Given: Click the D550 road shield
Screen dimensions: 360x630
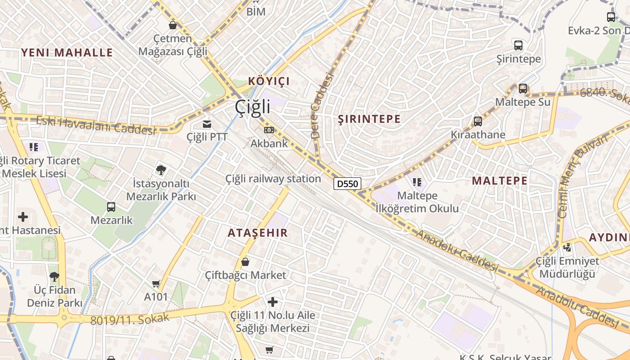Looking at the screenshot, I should pyautogui.click(x=347, y=184).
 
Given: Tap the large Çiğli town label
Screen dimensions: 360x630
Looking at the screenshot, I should pyautogui.click(x=252, y=107).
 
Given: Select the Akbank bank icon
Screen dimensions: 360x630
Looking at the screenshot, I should pyautogui.click(x=269, y=130).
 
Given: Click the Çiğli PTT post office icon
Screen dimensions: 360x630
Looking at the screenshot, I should pyautogui.click(x=207, y=124).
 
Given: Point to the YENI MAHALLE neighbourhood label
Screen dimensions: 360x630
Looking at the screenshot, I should pyautogui.click(x=67, y=53).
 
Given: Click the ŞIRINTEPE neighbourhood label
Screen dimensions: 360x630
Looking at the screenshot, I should pyautogui.click(x=369, y=119).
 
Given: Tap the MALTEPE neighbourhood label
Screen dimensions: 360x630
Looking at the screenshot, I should pyautogui.click(x=499, y=181).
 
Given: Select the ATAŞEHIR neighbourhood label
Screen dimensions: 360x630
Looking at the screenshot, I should pyautogui.click(x=257, y=233).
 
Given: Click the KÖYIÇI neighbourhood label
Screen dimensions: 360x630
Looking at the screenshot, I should pyautogui.click(x=269, y=81).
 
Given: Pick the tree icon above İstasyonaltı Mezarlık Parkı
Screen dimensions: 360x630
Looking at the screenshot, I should pyautogui.click(x=161, y=170).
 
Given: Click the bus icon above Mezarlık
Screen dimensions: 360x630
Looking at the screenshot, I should pyautogui.click(x=111, y=207).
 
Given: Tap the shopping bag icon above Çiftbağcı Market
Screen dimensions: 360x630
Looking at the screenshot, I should pyautogui.click(x=245, y=261).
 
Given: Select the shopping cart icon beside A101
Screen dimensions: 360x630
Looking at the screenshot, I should pyautogui.click(x=156, y=283).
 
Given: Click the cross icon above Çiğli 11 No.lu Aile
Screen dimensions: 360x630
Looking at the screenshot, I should pyautogui.click(x=273, y=301).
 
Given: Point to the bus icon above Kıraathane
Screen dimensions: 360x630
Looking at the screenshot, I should pyautogui.click(x=477, y=121).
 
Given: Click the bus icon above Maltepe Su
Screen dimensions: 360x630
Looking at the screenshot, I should pyautogui.click(x=522, y=89).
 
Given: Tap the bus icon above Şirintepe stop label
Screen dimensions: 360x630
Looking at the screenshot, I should pyautogui.click(x=518, y=45).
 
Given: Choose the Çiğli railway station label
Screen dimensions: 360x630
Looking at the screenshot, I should pyautogui.click(x=273, y=179).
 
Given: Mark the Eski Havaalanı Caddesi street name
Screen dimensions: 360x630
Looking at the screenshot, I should pyautogui.click(x=95, y=125).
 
